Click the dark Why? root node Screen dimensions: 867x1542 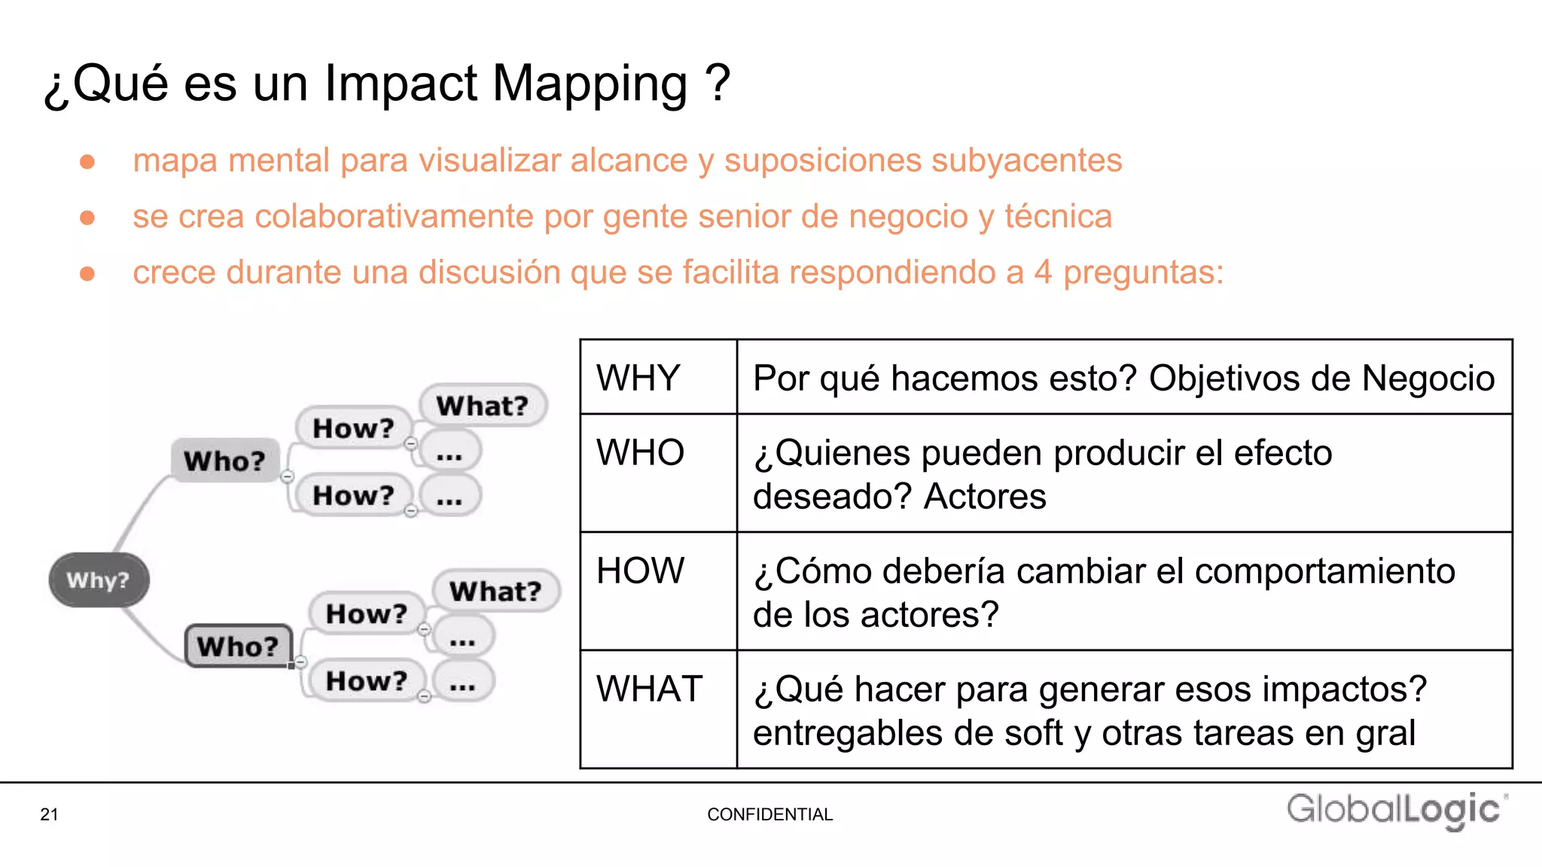pos(99,580)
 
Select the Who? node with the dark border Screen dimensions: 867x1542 pos(238,646)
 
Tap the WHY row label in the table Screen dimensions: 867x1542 pos(638,378)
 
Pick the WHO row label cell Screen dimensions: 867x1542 pos(641,453)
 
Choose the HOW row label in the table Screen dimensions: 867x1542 pos(641,570)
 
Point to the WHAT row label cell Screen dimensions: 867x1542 pos(649,689)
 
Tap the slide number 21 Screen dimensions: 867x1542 pos(49,814)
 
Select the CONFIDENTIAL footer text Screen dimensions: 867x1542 pos(769,814)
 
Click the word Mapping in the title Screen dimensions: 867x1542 pos(590,84)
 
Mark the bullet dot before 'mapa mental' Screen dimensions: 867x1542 pos(87,162)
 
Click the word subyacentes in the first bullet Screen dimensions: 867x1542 pos(1025,161)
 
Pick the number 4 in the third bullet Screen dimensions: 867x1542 pos(1043,272)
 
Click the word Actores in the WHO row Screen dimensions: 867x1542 pos(985,497)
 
